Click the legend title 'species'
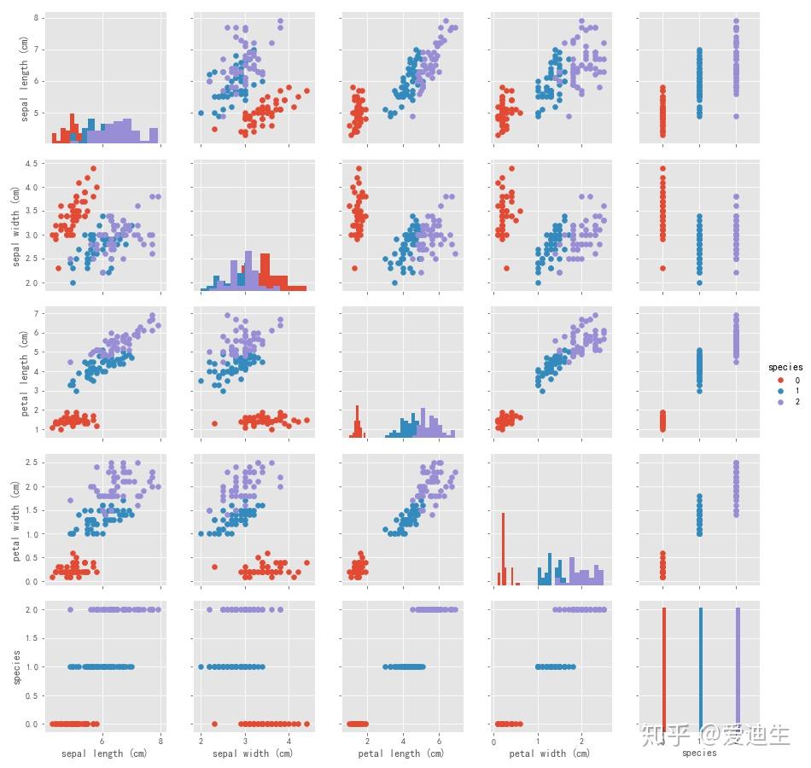(x=785, y=367)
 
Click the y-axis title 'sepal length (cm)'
(x=24, y=79)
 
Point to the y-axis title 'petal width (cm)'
(x=16, y=520)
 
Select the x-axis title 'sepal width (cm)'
(x=252, y=753)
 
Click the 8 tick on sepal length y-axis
(x=38, y=17)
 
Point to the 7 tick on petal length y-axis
(x=38, y=314)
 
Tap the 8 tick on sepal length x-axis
(x=160, y=740)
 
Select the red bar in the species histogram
(x=663, y=666)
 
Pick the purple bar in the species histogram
(x=737, y=666)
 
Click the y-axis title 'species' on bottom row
(x=16, y=666)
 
